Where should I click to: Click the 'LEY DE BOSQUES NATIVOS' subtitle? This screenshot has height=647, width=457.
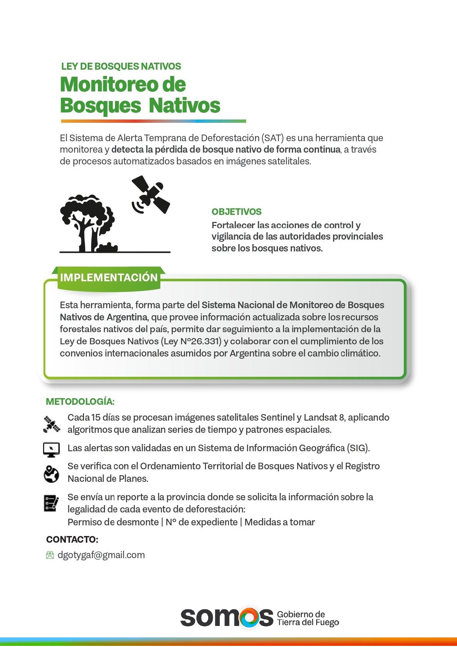(121, 66)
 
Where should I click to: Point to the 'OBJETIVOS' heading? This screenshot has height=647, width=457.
(236, 212)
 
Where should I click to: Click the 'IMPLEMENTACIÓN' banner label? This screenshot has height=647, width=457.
(109, 277)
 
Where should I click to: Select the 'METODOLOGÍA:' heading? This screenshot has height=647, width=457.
(80, 401)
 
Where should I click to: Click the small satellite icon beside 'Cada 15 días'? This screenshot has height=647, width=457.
(52, 424)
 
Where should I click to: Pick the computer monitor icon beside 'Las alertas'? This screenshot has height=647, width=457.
(51, 449)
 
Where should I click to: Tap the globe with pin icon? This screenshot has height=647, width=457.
(51, 474)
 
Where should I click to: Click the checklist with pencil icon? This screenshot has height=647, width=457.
(51, 503)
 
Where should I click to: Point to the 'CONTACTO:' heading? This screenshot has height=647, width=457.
(72, 539)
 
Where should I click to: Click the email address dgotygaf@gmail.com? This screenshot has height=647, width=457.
(101, 555)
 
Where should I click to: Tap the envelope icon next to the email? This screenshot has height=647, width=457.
(50, 555)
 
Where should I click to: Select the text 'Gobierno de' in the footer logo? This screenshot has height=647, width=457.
(301, 614)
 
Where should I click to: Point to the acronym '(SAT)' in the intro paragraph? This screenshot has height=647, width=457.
(273, 138)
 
